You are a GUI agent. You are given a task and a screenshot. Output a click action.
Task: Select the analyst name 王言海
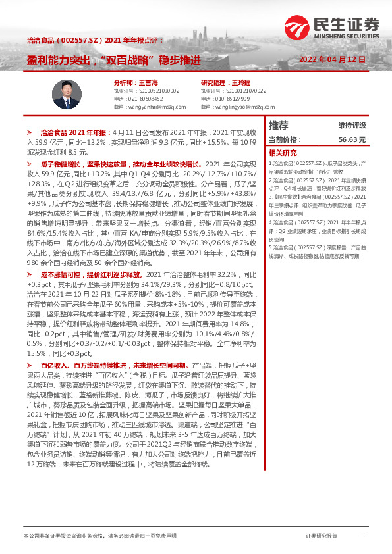click(x=149, y=82)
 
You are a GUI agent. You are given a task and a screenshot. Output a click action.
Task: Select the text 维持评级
click(x=352, y=126)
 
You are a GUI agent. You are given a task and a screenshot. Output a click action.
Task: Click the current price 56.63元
click(x=352, y=139)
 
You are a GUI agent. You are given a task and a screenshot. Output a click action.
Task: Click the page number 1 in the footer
click(x=364, y=536)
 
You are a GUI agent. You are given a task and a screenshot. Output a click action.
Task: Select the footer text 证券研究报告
click(x=322, y=536)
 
